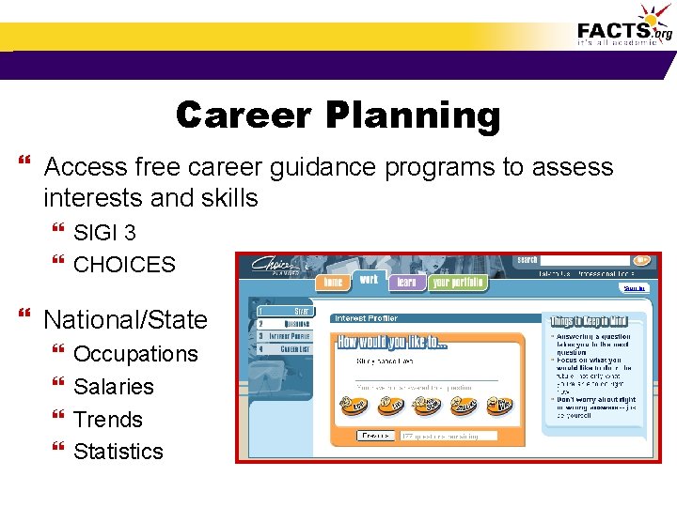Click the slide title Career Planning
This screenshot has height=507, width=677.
pyautogui.click(x=338, y=115)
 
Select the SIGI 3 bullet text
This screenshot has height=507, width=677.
pyautogui.click(x=104, y=232)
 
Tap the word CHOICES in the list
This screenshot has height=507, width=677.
pyautogui.click(x=124, y=265)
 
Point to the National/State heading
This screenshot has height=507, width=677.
pyautogui.click(x=125, y=319)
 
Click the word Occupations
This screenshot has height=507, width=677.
pyautogui.click(x=135, y=354)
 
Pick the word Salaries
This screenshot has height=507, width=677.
pyautogui.click(x=113, y=387)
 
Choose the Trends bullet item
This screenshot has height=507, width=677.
pyautogui.click(x=107, y=420)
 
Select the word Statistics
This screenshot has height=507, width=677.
pyautogui.click(x=118, y=452)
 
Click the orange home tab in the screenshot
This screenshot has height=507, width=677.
pyautogui.click(x=333, y=283)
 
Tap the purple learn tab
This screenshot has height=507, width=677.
pyautogui.click(x=406, y=283)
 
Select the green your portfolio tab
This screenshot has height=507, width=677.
pyautogui.click(x=458, y=283)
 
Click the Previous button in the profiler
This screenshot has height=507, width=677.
pyautogui.click(x=374, y=435)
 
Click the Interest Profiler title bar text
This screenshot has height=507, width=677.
pyautogui.click(x=367, y=318)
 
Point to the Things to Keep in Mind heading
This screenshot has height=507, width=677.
pyautogui.click(x=594, y=322)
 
